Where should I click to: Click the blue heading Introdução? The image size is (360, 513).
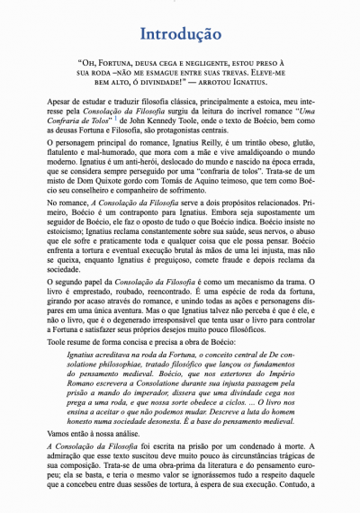coord(180,34)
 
